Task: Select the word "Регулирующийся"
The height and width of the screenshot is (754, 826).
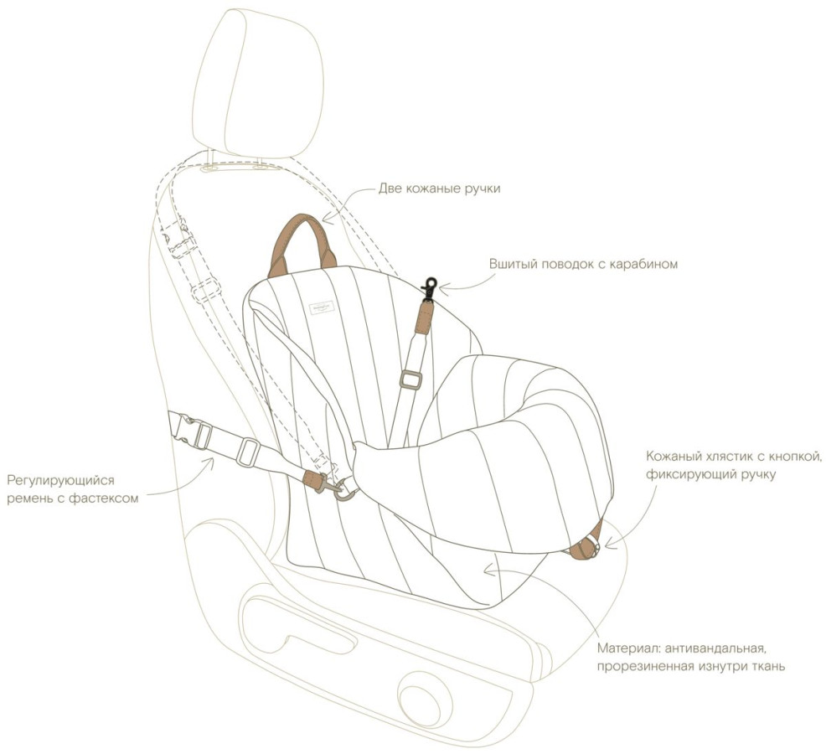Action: [x=60, y=481]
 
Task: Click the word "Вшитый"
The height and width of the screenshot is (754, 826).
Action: [x=514, y=264]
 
